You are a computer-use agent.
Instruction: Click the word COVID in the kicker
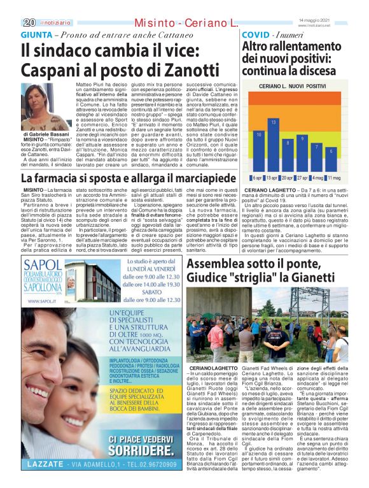pyautogui.click(x=256, y=34)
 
